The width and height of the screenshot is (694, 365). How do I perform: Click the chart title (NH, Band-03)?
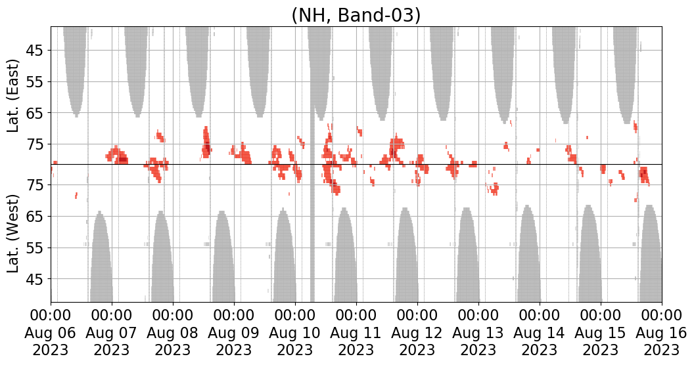(x=356, y=14)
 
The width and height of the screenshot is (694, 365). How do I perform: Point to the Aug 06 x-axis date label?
(x=51, y=333)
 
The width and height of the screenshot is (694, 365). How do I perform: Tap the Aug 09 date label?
(x=234, y=333)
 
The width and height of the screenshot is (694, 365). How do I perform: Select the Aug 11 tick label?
(x=356, y=333)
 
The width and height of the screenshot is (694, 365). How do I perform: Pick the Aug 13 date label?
(x=478, y=333)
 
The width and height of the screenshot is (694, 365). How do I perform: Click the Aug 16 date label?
(x=661, y=333)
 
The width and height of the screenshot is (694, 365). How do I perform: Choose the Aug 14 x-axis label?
(x=540, y=333)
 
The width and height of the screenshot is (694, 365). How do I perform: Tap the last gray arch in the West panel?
(x=649, y=256)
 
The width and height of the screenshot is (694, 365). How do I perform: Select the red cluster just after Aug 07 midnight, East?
(x=118, y=156)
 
